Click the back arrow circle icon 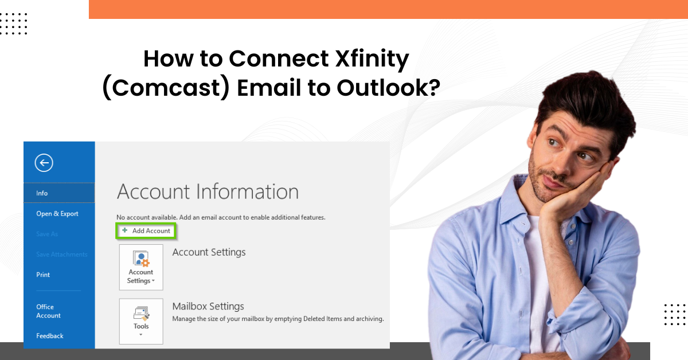[x=44, y=163]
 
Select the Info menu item [x=42, y=193]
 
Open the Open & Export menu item [x=57, y=214]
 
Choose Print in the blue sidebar [x=43, y=275]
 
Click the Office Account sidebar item [x=48, y=311]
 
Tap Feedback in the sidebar [x=50, y=336]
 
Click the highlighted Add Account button [x=146, y=230]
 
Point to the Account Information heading [x=208, y=191]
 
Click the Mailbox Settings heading [x=208, y=306]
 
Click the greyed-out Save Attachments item [x=62, y=255]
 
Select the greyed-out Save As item [x=47, y=234]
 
